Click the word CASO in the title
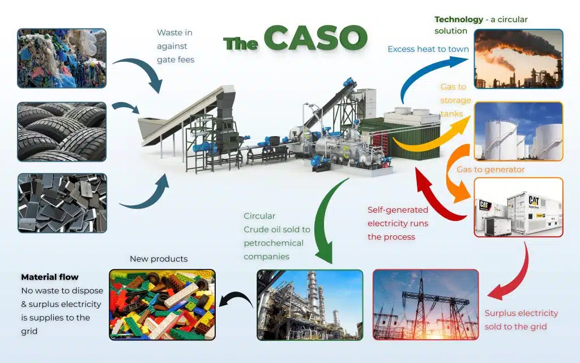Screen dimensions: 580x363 [315, 37]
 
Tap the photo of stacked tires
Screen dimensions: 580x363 [62, 132]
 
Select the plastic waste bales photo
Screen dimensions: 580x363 [62, 58]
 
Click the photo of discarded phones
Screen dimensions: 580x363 [62, 203]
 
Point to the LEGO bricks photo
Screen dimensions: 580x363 [163, 305]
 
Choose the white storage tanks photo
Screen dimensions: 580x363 [519, 132]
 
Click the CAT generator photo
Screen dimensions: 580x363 [519, 207]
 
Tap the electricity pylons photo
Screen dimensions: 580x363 [426, 305]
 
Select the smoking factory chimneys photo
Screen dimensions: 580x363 [519, 59]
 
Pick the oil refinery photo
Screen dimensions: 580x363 [310, 305]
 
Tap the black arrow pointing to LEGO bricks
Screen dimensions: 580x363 [237, 296]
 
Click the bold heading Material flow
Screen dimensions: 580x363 [50, 277]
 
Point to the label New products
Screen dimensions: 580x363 [159, 259]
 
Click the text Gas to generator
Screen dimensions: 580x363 [491, 170]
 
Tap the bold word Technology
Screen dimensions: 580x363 [459, 19]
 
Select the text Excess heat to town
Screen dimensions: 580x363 [428, 49]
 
